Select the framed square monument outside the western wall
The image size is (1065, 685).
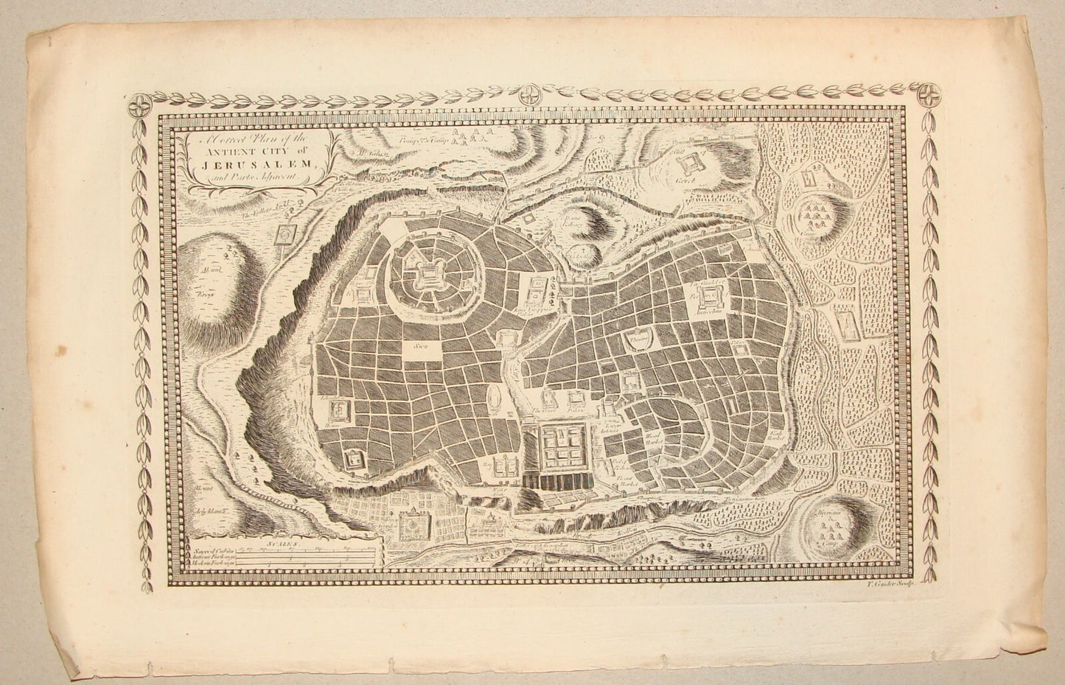[x=282, y=235]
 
